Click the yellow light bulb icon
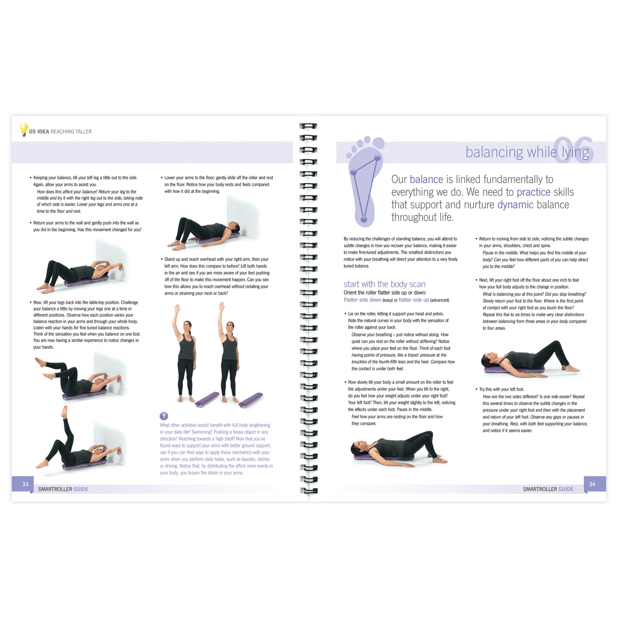(24, 129)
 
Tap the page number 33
(26, 484)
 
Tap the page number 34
(592, 484)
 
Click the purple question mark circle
(164, 416)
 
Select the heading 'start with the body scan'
(385, 284)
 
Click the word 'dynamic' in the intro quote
(515, 205)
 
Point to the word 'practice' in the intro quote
(533, 192)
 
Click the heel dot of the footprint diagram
(364, 219)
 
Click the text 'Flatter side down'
(362, 300)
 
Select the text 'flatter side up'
(413, 300)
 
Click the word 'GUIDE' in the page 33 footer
(81, 489)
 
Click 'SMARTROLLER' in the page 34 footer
(540, 489)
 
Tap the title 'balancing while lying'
(527, 152)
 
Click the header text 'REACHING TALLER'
(71, 131)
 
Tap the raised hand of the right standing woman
(221, 306)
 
